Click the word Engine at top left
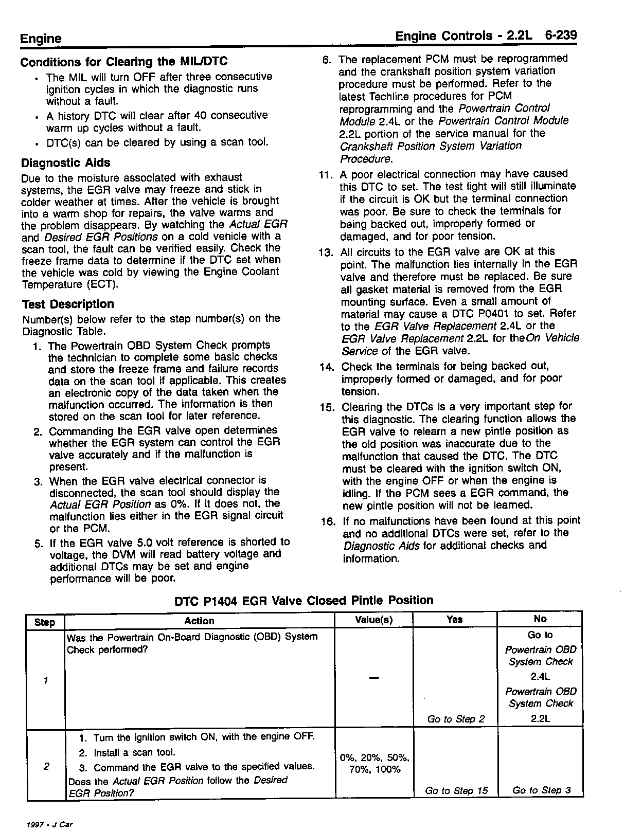pyautogui.click(x=41, y=39)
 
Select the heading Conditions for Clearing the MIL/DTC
pyautogui.click(x=123, y=62)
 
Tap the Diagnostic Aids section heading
pyautogui.click(x=65, y=163)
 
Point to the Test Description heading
pyautogui.click(x=67, y=304)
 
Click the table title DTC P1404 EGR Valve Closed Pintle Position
pyautogui.click(x=304, y=600)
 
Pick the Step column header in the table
pyautogui.click(x=45, y=622)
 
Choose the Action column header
pyautogui.click(x=199, y=621)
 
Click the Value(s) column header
pyautogui.click(x=374, y=620)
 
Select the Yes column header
pyautogui.click(x=455, y=620)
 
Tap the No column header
pyautogui.click(x=540, y=619)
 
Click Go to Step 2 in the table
pyautogui.click(x=456, y=719)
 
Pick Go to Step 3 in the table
pyautogui.click(x=541, y=790)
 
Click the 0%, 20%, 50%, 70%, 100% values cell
pyautogui.click(x=374, y=764)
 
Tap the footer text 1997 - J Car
pyautogui.click(x=49, y=824)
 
